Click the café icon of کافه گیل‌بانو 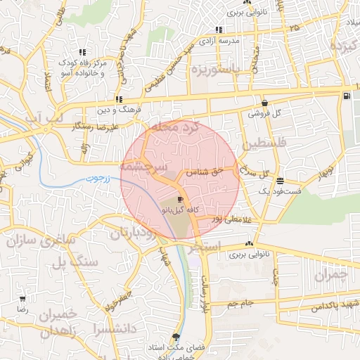coord(173,200)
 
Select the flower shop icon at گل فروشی coord(264,103)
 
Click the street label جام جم coord(238,304)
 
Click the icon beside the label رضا coord(22,300)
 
